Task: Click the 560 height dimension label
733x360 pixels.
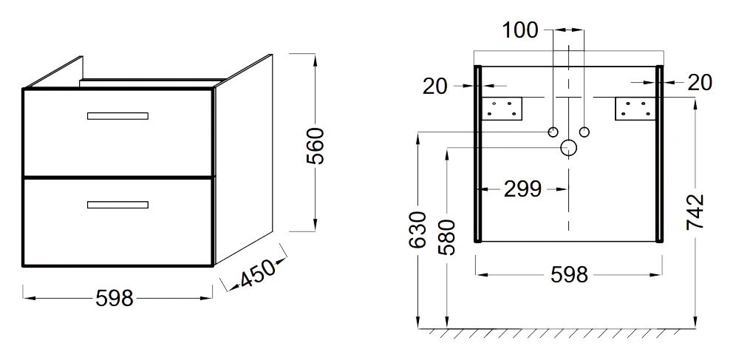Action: point(315,146)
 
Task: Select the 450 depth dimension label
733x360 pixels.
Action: point(257,274)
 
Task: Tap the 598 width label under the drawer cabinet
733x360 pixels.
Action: point(115,299)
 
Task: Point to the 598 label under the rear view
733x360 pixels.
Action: point(569,275)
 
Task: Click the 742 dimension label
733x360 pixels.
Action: point(695,212)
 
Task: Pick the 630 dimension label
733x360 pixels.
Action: point(418,230)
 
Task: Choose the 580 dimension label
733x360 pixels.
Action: point(447,237)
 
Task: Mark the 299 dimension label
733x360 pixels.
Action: point(522,189)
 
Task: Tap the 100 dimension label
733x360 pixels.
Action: point(520,30)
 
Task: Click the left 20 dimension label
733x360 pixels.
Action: point(435,86)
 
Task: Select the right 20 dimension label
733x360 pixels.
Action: point(700,83)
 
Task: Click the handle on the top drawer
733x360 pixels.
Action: point(117,116)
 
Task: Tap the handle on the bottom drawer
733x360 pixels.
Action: point(117,205)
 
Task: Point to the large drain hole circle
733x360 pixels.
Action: point(568,148)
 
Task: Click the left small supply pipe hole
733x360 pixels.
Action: point(553,132)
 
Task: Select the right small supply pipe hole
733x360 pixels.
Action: point(584,132)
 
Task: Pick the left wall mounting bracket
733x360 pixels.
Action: point(502,109)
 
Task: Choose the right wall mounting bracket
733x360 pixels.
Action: point(635,109)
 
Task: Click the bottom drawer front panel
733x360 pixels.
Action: point(117,222)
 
